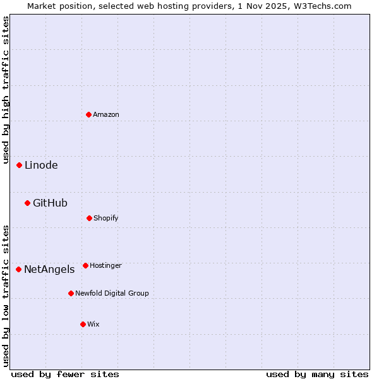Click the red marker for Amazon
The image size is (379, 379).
(88, 114)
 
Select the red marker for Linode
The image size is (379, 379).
(19, 165)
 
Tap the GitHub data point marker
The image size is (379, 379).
(27, 203)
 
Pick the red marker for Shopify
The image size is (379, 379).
(89, 218)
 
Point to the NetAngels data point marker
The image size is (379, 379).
(18, 269)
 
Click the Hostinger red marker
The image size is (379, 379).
(85, 265)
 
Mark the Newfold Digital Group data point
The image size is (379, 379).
(71, 293)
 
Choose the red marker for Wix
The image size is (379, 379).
(83, 324)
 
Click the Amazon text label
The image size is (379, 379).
(106, 114)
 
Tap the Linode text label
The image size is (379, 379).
(41, 165)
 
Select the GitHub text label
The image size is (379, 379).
(50, 203)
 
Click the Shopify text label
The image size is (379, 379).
(106, 218)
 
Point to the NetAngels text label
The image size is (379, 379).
(49, 270)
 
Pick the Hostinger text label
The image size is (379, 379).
(105, 265)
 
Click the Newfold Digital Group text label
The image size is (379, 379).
(112, 293)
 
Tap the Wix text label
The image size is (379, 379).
(93, 324)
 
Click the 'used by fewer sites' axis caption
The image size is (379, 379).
(65, 374)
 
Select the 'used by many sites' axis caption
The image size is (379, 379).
(317, 374)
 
